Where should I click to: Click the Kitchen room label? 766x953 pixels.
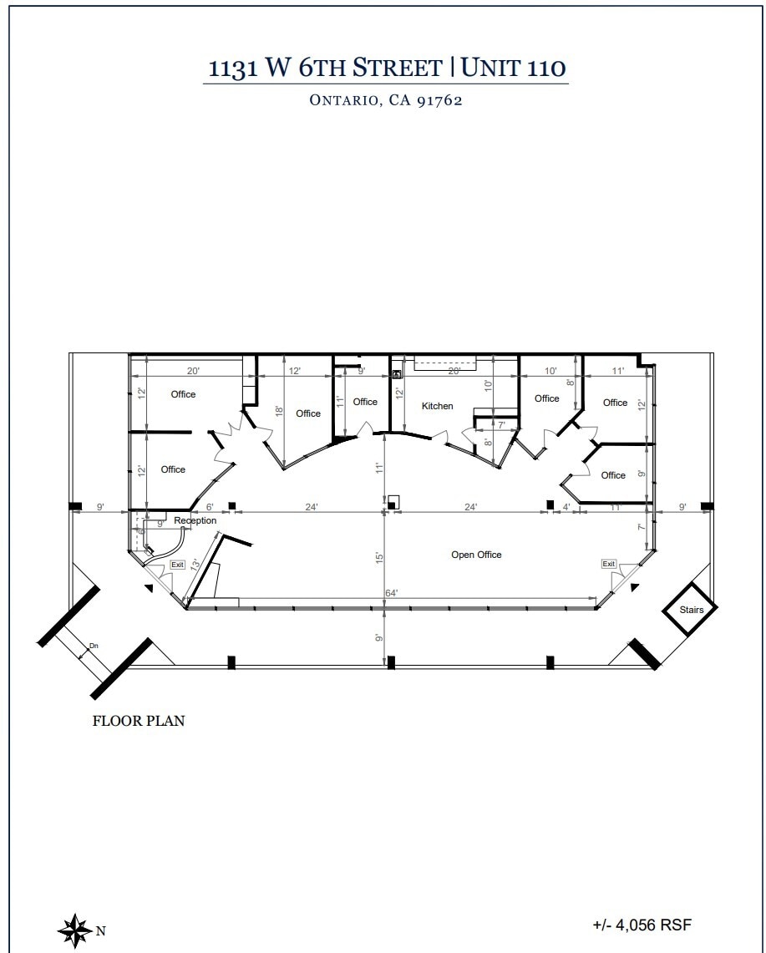click(437, 406)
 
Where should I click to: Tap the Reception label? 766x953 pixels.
click(195, 520)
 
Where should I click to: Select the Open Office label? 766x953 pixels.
click(476, 555)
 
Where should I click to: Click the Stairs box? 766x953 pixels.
click(691, 610)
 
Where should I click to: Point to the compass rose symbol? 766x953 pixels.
click(74, 929)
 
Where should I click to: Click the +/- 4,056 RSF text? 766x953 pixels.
click(642, 925)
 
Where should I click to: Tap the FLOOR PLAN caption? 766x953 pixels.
click(138, 721)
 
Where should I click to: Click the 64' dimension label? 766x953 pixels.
click(391, 593)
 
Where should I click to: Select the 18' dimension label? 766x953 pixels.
click(278, 412)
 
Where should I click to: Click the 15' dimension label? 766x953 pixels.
click(378, 557)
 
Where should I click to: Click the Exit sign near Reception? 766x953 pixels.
click(177, 565)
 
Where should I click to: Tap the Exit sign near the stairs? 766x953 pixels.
click(609, 565)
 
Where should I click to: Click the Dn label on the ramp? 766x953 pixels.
click(94, 646)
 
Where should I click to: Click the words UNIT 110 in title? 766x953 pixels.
click(514, 68)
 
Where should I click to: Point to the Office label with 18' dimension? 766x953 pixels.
click(308, 413)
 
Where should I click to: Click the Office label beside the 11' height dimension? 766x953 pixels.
click(365, 402)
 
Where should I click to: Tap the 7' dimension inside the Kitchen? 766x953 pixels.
click(501, 425)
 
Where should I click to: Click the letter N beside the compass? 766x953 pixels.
click(100, 930)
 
